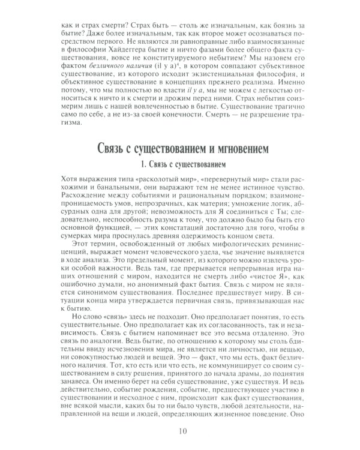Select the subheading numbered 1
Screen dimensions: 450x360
point(180,164)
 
